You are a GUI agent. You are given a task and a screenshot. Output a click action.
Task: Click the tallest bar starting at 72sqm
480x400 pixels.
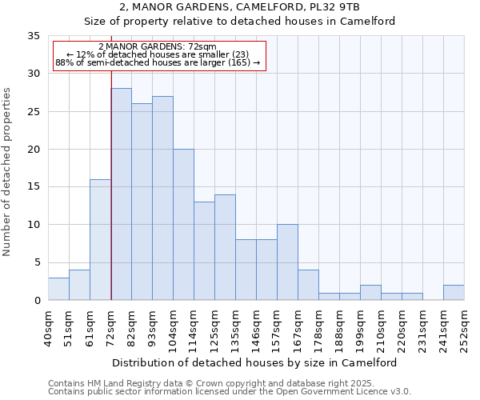click(x=121, y=194)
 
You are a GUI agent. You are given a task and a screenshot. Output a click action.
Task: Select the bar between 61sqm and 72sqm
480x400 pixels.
click(x=100, y=240)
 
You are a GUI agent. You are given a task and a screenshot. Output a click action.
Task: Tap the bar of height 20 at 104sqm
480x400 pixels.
click(x=183, y=225)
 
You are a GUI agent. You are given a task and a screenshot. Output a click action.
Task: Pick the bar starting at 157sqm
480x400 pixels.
click(x=287, y=262)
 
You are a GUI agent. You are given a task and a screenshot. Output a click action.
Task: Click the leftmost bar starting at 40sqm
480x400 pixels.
click(x=58, y=289)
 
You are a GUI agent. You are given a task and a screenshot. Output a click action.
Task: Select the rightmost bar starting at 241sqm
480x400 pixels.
click(x=454, y=293)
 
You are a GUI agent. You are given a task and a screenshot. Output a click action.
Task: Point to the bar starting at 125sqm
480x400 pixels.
click(x=225, y=247)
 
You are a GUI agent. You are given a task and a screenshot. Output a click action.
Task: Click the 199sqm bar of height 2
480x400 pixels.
click(x=370, y=293)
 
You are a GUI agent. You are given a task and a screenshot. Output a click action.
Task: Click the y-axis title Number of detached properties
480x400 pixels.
click(x=8, y=171)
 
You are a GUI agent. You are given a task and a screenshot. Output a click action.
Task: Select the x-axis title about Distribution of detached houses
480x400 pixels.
click(x=255, y=362)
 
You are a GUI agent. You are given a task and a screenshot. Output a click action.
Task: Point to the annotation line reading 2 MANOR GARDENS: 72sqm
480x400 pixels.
click(x=158, y=47)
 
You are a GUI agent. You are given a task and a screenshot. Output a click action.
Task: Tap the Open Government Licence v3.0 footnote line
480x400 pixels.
click(x=230, y=391)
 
